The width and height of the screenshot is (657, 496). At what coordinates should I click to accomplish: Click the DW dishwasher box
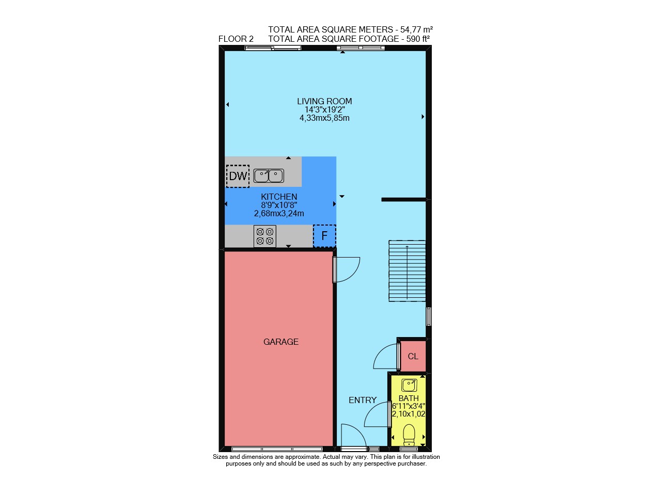238,176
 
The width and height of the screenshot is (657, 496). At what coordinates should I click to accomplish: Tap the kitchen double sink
269,176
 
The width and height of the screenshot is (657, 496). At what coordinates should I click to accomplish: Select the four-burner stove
265,236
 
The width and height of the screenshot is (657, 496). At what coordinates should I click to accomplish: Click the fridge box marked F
324,236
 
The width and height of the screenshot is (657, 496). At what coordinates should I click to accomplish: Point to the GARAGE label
281,342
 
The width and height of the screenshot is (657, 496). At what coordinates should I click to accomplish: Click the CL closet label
413,356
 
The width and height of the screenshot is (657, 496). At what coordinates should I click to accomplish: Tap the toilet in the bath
409,435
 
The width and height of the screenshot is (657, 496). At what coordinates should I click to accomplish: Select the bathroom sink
409,385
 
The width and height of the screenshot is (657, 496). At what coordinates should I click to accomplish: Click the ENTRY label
363,400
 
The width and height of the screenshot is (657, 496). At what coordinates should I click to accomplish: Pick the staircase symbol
407,271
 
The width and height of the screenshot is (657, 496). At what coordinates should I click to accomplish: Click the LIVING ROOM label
324,101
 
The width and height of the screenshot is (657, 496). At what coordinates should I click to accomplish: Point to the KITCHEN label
279,197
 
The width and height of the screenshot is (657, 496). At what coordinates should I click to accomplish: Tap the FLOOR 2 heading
236,39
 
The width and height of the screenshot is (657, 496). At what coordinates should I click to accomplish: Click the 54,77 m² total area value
416,29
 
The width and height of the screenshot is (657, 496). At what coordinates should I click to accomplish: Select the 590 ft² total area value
418,39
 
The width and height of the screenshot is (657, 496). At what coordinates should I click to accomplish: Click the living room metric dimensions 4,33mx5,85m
324,118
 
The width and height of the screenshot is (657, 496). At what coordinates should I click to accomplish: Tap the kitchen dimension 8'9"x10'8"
279,205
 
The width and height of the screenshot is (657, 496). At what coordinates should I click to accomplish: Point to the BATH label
409,398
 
